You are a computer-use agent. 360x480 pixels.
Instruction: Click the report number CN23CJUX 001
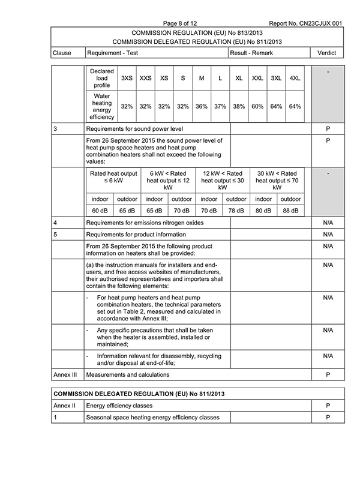(306, 23)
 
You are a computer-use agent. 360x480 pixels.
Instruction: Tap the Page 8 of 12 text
(190, 23)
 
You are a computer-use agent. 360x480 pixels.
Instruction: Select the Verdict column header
(328, 53)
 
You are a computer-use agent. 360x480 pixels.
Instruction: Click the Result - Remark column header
(251, 53)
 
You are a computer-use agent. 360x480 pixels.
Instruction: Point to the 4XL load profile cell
(295, 79)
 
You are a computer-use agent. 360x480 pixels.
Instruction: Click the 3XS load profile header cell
(127, 79)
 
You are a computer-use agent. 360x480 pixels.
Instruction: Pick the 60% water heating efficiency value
(257, 106)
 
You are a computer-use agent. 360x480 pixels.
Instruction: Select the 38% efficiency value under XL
(239, 106)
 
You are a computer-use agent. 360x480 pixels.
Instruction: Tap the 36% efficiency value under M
(202, 106)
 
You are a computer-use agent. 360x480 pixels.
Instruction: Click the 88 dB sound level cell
(291, 211)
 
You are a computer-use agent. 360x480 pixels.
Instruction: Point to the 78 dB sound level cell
(236, 211)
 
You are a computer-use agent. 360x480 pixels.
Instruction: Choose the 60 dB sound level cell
(100, 211)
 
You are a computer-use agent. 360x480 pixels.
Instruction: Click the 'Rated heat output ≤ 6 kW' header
(113, 177)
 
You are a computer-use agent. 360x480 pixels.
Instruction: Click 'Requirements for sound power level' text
(134, 128)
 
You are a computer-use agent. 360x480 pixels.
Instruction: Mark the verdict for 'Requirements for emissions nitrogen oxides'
(328, 223)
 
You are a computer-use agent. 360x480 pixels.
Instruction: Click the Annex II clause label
(62, 406)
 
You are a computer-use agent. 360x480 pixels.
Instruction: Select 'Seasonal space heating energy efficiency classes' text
(153, 417)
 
